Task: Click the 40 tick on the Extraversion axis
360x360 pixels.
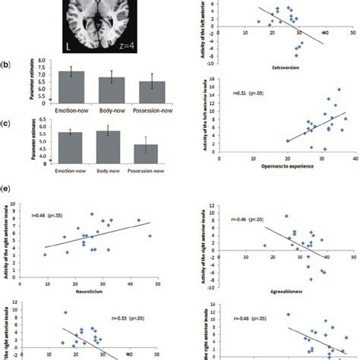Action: coord(324,35)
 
